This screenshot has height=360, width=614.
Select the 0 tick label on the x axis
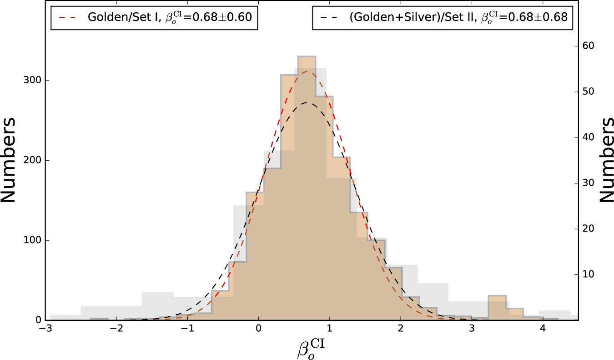[258, 329]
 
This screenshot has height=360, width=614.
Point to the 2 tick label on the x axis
[400, 329]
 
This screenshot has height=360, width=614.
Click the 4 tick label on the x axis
[542, 329]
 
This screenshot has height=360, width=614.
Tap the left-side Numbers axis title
[9, 160]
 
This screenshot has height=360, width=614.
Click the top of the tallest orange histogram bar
[307, 56]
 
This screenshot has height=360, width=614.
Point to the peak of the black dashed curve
[307, 102]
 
